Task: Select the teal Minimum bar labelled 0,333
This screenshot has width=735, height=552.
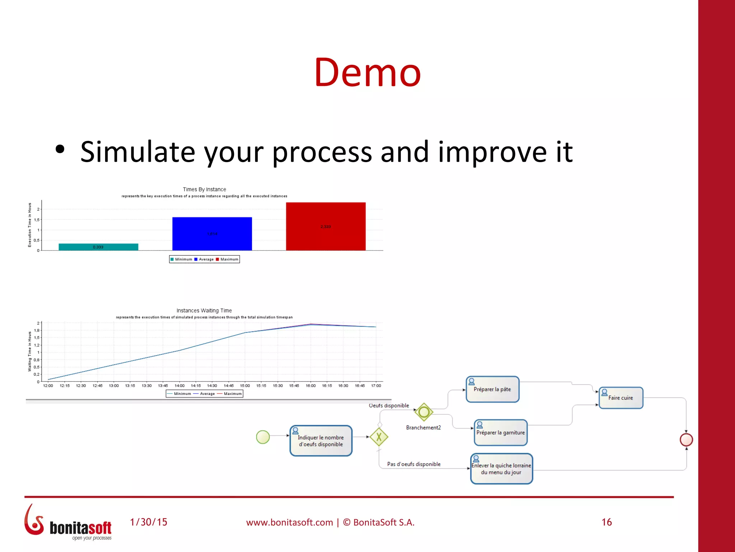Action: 98,247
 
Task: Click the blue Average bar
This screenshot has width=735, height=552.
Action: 212,234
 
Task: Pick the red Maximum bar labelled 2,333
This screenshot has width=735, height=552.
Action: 326,226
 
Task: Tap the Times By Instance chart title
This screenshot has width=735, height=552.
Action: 204,189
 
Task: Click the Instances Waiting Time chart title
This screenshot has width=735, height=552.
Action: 204,310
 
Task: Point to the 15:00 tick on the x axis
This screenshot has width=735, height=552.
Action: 245,386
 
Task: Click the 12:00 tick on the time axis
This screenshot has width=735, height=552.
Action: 48,386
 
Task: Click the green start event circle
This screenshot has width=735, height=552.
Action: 263,437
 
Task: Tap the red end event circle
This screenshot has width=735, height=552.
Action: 686,440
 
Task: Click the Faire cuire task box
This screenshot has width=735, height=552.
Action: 621,398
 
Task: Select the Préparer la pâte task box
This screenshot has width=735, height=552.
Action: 492,390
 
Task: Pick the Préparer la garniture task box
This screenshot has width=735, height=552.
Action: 501,433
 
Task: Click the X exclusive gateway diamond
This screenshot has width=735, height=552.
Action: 379,437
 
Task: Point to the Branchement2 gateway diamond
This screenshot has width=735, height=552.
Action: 424,412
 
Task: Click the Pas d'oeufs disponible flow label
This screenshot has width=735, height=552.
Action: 414,464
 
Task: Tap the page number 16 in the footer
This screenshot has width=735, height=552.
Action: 607,522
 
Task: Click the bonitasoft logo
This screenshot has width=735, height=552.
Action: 68,523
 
